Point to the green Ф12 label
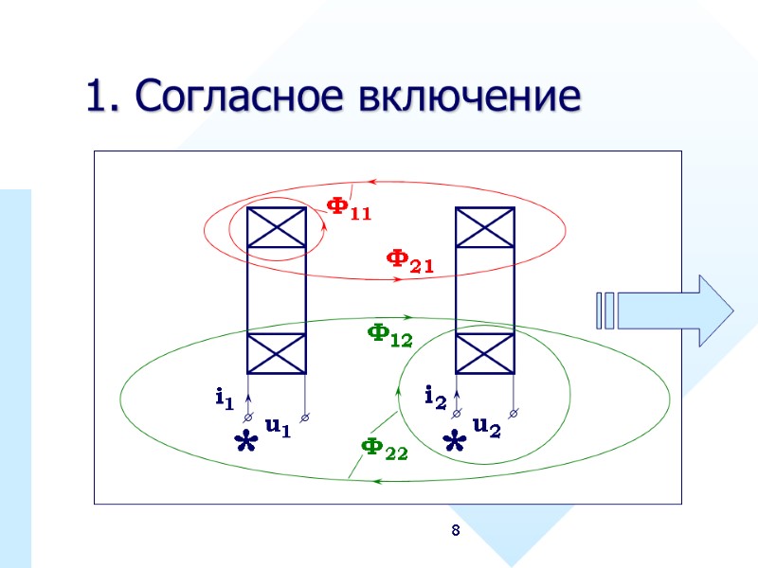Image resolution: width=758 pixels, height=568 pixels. coord(389,334)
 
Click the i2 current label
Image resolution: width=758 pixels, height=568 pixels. coord(434,397)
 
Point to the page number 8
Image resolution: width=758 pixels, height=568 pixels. coord(455,531)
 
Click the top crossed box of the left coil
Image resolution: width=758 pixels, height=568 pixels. coord(276,227)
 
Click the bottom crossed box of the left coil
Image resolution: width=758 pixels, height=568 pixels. coord(276,353)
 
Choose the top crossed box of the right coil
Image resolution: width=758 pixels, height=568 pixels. coord(485,227)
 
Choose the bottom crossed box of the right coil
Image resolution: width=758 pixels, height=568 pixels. coord(485,353)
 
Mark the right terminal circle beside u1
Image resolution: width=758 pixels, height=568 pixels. coord(305,415)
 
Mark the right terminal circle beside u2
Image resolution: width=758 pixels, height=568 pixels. coord(514,413)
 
